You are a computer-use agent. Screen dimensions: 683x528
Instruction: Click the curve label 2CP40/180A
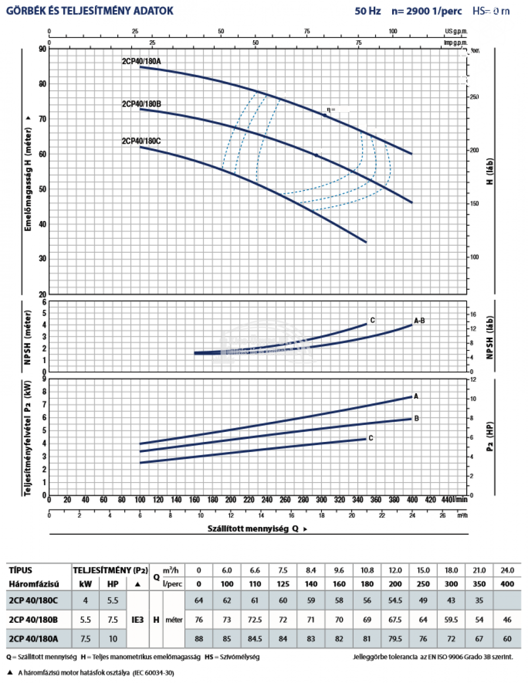141,61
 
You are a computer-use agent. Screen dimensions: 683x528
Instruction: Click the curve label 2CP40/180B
141,104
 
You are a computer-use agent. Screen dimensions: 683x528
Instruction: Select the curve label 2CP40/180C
141,141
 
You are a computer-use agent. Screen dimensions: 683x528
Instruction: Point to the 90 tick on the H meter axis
42,49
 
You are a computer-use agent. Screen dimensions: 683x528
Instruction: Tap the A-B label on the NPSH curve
419,321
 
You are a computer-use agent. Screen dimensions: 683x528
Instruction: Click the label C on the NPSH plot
373,320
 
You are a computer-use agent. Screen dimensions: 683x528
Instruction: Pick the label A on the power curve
416,396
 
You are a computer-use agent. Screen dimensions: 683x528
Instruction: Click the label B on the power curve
416,418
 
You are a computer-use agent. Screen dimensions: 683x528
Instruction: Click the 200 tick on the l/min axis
230,500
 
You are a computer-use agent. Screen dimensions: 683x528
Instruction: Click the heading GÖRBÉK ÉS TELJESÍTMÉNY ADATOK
90,11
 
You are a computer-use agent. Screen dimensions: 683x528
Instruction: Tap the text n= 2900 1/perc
427,11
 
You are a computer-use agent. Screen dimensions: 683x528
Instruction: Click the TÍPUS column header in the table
21,570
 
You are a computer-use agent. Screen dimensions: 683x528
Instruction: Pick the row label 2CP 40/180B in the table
33,620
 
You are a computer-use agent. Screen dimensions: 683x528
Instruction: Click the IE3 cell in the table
137,620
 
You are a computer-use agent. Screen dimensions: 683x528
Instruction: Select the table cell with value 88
199,639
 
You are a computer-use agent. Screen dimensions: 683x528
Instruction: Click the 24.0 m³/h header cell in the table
507,570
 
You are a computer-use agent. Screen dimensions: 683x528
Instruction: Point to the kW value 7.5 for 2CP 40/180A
85,639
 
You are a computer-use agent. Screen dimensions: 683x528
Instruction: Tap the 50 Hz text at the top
368,11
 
